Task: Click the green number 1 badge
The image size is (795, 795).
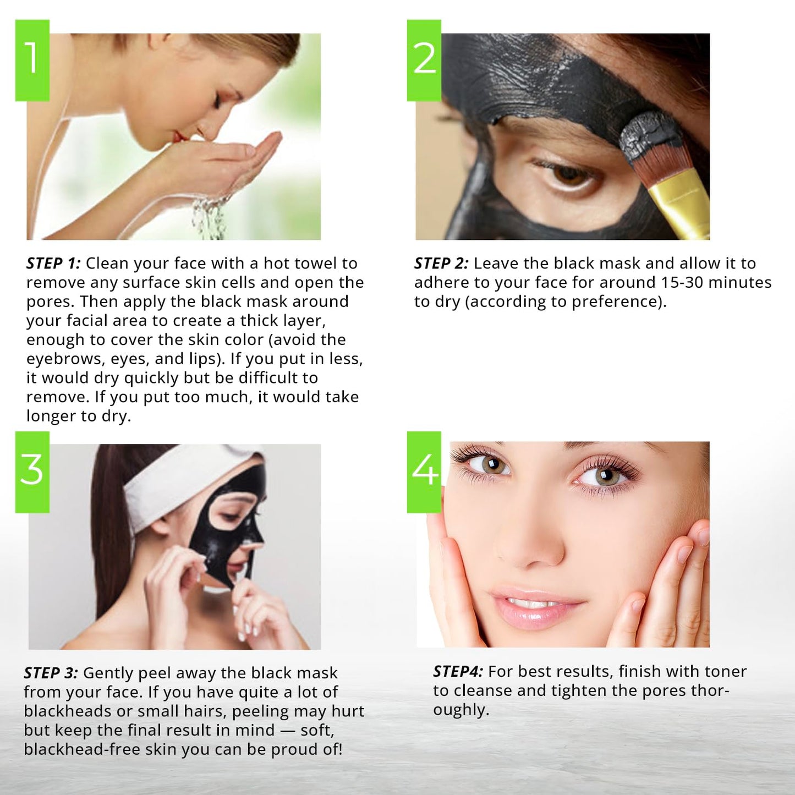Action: point(32,60)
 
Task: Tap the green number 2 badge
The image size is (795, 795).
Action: point(424,60)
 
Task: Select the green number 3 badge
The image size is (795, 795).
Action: point(32,471)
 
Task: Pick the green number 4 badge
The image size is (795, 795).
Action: point(424,471)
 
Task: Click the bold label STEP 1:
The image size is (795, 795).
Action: point(53,264)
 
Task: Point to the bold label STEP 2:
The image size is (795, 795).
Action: point(441,264)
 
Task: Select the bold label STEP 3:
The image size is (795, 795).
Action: point(51,673)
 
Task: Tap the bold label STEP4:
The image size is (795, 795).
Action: point(458,672)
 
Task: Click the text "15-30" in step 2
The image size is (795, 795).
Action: point(682,283)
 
